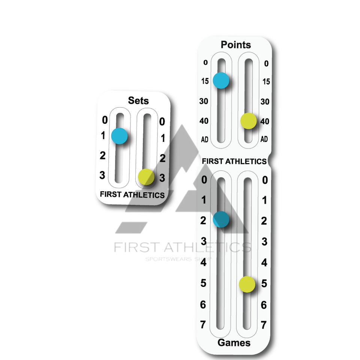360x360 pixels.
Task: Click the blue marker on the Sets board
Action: pyautogui.click(x=120, y=136)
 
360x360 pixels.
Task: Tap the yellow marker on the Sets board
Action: pyautogui.click(x=146, y=177)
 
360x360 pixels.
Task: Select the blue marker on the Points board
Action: pyautogui.click(x=221, y=80)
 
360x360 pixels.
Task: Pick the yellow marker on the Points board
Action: pyautogui.click(x=248, y=121)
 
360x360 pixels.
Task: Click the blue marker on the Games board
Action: pyautogui.click(x=221, y=219)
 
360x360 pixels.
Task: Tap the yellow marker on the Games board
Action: pyautogui.click(x=247, y=284)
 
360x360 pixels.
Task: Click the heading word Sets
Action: pyautogui.click(x=138, y=100)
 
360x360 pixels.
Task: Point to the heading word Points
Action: pyautogui.click(x=236, y=45)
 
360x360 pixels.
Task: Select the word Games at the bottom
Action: pyautogui.click(x=234, y=342)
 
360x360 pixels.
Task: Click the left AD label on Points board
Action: pyautogui.click(x=205, y=139)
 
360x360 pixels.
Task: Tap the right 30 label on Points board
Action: pyautogui.click(x=265, y=101)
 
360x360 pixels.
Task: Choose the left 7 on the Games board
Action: pyautogui.click(x=203, y=324)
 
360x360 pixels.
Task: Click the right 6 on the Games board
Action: pyautogui.click(x=264, y=305)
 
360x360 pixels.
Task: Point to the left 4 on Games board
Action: pyautogui.click(x=204, y=262)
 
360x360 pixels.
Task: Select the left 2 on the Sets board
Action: pyautogui.click(x=102, y=156)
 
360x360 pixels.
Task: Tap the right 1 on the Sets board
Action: pyautogui.click(x=163, y=138)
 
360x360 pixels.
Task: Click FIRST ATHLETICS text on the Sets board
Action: pyautogui.click(x=132, y=195)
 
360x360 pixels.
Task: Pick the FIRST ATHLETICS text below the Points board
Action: pyautogui.click(x=234, y=161)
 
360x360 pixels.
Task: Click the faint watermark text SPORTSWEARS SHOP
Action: pyautogui.click(x=179, y=259)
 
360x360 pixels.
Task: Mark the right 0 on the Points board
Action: pyautogui.click(x=266, y=63)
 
